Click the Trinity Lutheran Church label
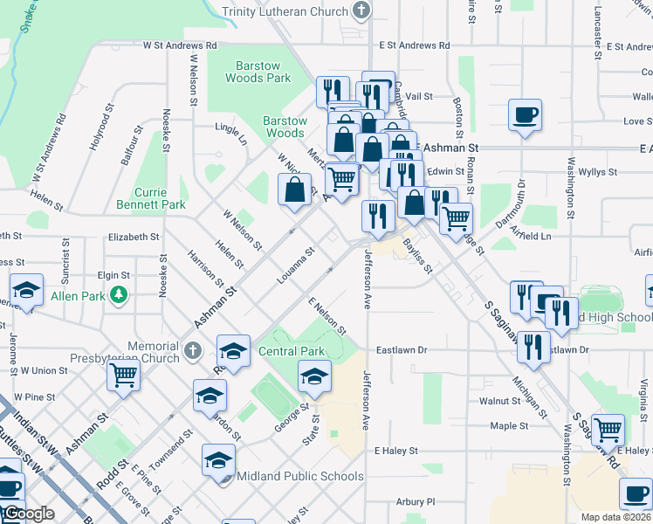pos(285,11)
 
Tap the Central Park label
pos(292,352)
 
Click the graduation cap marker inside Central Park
pos(314,377)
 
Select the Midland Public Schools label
pos(300,476)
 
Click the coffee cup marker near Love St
pos(525,115)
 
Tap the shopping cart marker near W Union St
pos(124,376)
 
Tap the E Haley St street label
pos(396,452)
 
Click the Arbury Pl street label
pos(415,502)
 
